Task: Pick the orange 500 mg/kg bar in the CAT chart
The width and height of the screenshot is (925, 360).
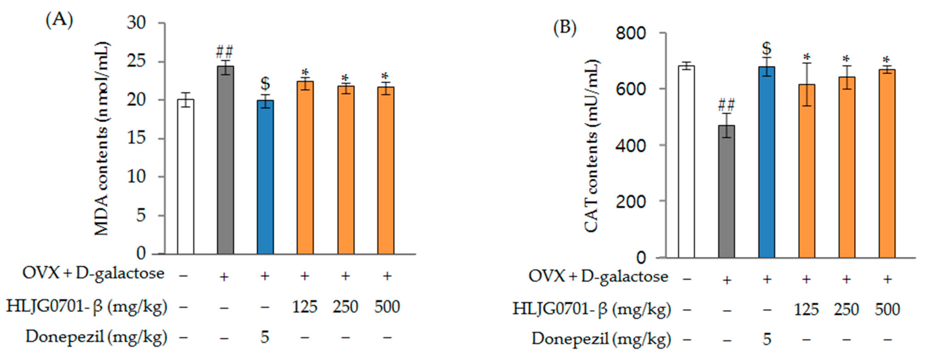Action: tap(887, 163)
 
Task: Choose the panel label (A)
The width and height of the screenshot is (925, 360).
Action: tap(59, 20)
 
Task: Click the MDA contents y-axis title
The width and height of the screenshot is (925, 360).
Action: tap(102, 138)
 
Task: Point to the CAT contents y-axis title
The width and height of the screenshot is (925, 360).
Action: tap(592, 145)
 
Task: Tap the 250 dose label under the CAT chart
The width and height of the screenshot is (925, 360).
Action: tap(846, 309)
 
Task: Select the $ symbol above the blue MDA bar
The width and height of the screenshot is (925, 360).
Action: tap(265, 84)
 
